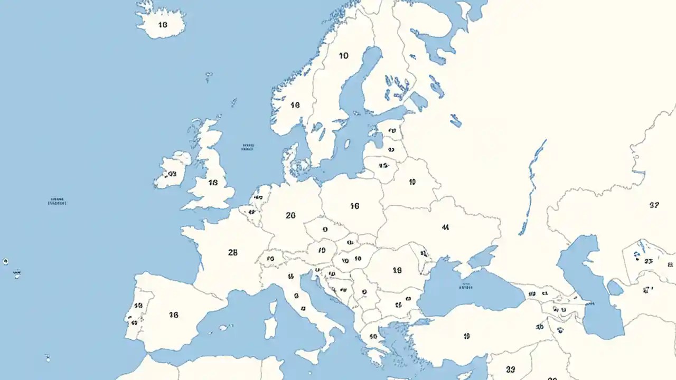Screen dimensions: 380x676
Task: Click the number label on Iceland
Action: (x=162, y=24)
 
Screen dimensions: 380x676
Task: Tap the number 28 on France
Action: (x=232, y=252)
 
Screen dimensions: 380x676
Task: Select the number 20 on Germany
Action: (x=290, y=215)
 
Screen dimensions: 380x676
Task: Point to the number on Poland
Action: (x=354, y=206)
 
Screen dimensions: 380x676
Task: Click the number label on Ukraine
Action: (x=445, y=227)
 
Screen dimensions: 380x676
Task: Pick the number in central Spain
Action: (x=174, y=315)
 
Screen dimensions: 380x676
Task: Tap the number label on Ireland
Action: (x=172, y=173)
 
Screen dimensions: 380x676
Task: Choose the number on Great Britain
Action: (x=213, y=183)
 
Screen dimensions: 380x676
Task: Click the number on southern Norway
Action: (x=295, y=105)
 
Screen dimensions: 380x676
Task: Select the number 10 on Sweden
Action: (x=344, y=55)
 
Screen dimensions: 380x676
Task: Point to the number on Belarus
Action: (x=412, y=182)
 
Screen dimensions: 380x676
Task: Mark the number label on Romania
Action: (x=397, y=270)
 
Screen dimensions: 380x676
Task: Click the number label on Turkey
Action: (x=466, y=336)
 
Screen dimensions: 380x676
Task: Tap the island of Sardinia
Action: (x=270, y=327)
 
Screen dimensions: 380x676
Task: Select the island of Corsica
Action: (x=273, y=307)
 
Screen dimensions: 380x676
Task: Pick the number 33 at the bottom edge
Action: (x=510, y=369)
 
